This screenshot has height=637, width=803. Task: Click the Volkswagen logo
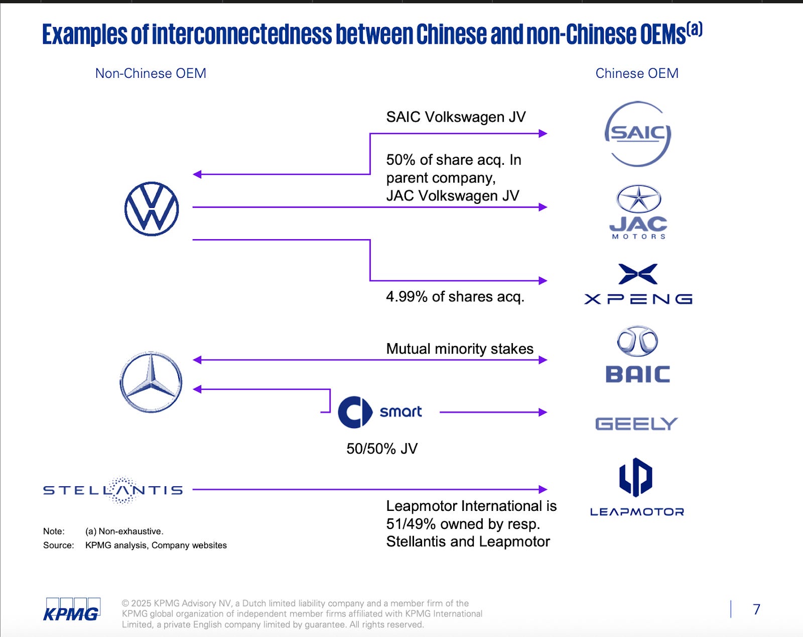coord(152,209)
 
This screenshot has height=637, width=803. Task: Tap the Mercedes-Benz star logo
coord(151,382)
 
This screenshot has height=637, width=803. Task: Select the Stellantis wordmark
coord(113,490)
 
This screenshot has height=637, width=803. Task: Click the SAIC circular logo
coord(637,134)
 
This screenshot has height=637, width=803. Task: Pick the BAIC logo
coord(637,355)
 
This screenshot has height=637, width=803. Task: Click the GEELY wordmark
coord(636,424)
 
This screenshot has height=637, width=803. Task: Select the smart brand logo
coord(379,412)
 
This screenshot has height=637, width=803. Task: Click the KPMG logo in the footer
coord(71,610)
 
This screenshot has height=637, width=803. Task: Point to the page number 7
coord(757,609)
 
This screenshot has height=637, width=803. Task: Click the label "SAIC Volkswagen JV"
coord(456,117)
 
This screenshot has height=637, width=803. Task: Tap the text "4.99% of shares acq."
coord(455,297)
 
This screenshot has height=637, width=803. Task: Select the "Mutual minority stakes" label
coord(460,349)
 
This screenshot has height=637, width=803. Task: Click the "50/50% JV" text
coord(382,449)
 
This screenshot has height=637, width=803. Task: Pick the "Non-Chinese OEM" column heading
coord(151,73)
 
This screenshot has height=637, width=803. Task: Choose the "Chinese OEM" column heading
coord(637,73)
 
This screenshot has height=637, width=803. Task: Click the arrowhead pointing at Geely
coord(543,412)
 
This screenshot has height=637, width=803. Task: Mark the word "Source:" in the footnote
coord(58,546)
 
